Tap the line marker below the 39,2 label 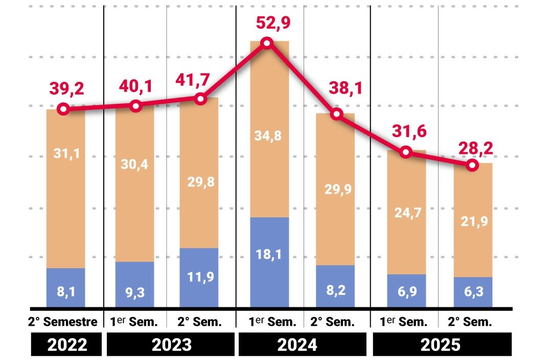pyautogui.click(x=63, y=109)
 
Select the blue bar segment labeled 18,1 pyautogui.click(x=269, y=261)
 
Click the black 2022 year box pyautogui.click(x=67, y=344)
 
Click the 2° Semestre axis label pyautogui.click(x=63, y=322)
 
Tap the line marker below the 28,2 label pyautogui.click(x=472, y=165)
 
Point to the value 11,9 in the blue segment pyautogui.click(x=199, y=277)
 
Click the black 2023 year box pyautogui.click(x=171, y=344)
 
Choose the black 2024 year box pyautogui.click(x=303, y=344)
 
